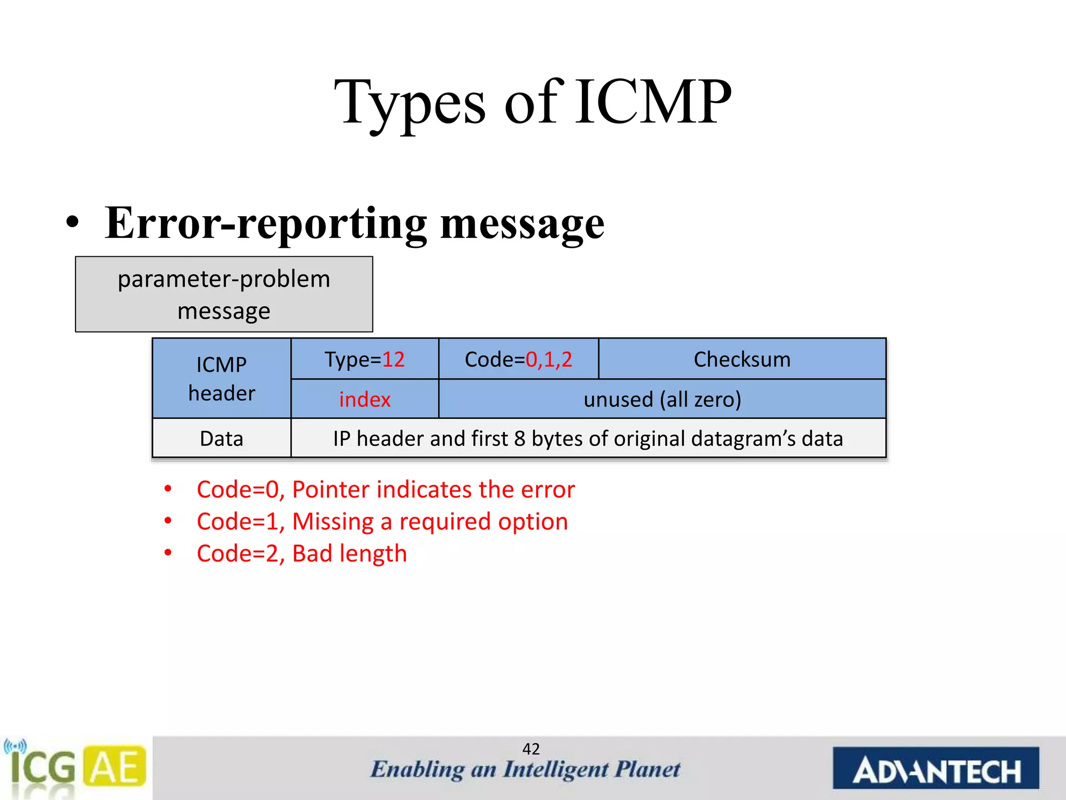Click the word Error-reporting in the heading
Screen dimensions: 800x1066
point(265,224)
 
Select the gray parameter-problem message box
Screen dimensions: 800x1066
point(224,294)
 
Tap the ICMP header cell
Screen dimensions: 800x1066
point(221,379)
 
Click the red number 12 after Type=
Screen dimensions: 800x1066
point(394,360)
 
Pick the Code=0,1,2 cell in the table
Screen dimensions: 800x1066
point(518,360)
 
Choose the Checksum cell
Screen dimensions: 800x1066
point(742,360)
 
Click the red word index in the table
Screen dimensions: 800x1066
point(364,399)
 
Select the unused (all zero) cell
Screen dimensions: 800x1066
point(662,399)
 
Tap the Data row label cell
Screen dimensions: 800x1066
point(221,439)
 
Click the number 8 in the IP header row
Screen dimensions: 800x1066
point(519,439)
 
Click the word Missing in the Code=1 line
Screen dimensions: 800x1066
point(333,522)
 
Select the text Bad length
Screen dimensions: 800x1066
point(349,554)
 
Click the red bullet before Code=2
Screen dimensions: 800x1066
point(168,553)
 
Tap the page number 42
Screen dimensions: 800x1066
point(531,749)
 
